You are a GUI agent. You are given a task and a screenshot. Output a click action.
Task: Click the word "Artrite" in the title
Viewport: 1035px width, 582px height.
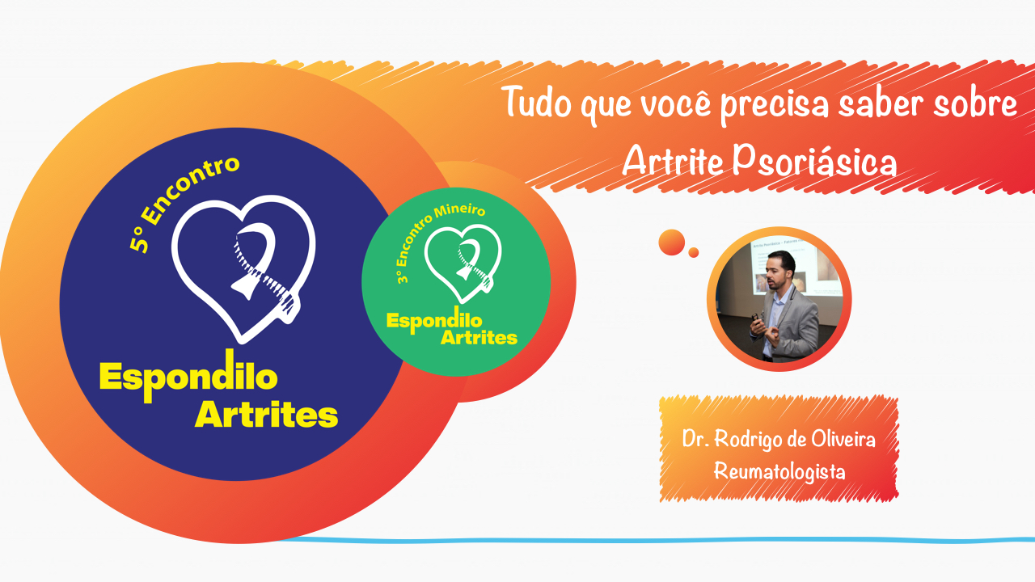(x=671, y=162)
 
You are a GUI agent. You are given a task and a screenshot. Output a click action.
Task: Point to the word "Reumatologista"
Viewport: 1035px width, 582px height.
(x=779, y=470)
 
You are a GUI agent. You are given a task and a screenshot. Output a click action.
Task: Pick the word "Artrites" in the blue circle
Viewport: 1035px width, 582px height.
(x=266, y=415)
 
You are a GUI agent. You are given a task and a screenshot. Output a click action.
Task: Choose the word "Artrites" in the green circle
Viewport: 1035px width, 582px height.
(x=479, y=337)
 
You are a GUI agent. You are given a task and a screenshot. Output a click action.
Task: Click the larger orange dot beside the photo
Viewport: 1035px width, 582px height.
(x=672, y=242)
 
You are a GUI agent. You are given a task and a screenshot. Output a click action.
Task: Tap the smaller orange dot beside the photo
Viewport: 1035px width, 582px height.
(x=694, y=253)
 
